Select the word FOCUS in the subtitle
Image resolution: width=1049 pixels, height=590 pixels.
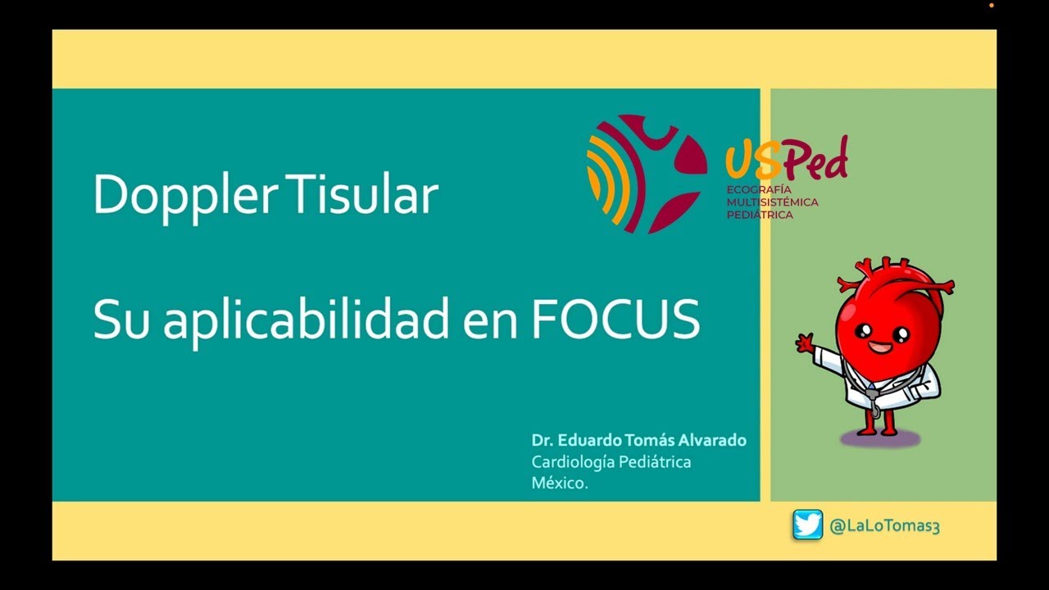point(615,319)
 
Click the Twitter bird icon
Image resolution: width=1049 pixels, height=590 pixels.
point(807,525)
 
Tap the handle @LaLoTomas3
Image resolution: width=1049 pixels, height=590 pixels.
point(884,526)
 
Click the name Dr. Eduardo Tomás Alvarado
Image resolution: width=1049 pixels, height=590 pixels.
point(638,440)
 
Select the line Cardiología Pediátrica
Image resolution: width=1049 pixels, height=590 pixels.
point(611,462)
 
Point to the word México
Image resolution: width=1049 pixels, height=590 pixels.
point(560,483)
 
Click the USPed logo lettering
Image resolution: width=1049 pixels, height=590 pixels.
point(786,160)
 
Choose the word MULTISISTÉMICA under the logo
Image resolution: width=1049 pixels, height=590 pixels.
point(772,202)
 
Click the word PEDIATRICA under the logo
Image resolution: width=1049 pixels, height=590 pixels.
point(760,215)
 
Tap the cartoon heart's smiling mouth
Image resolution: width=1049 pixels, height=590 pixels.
point(880,348)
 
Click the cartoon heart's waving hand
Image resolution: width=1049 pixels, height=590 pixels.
point(806,342)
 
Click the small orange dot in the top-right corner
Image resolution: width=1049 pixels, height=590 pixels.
point(991,6)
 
